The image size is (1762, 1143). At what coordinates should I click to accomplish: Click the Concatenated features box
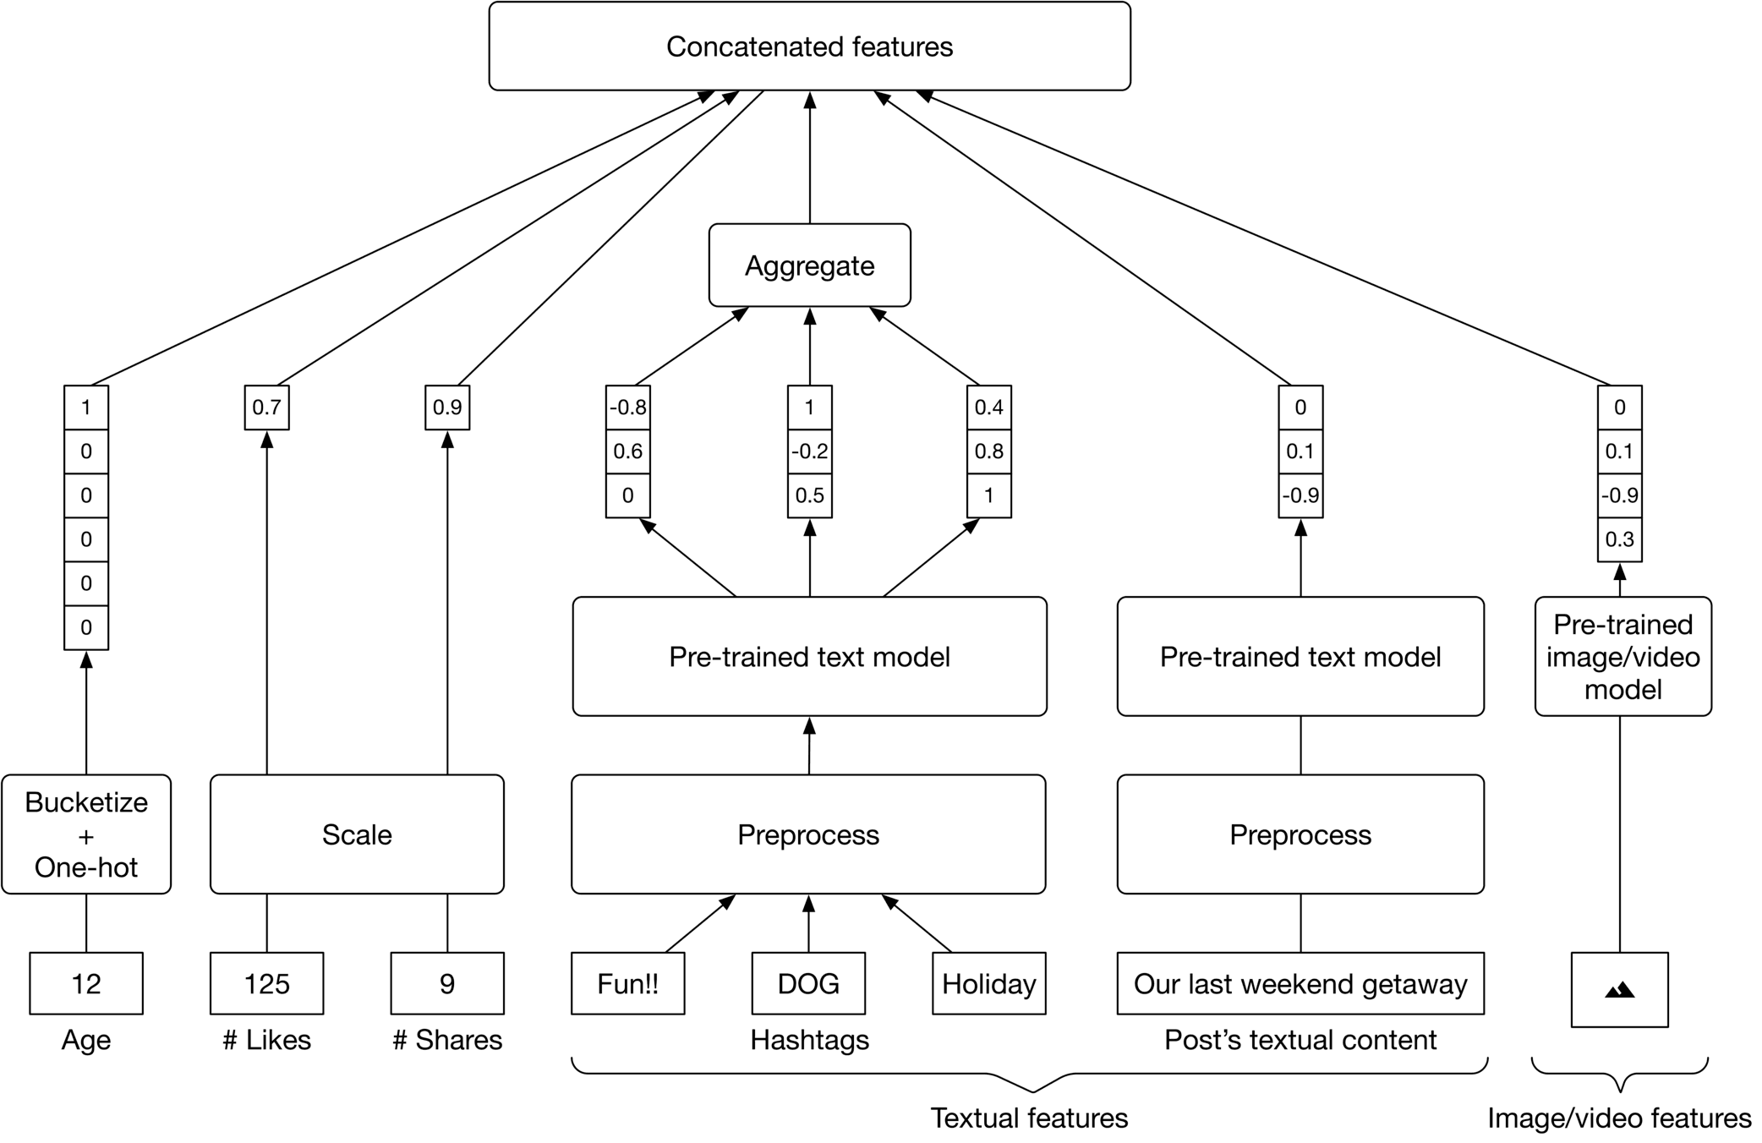click(x=809, y=46)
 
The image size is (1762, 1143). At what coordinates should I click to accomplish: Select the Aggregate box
click(x=809, y=265)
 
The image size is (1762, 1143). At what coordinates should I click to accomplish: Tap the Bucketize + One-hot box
click(x=86, y=834)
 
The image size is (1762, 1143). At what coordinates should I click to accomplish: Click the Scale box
click(x=357, y=834)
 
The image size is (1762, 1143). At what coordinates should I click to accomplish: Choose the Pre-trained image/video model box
click(x=1622, y=657)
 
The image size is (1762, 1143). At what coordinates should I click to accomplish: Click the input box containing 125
click(x=266, y=983)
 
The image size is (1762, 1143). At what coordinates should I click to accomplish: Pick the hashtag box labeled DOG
click(x=808, y=983)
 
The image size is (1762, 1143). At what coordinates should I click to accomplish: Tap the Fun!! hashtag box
click(x=627, y=983)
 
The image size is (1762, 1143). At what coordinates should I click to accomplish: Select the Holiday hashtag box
click(x=988, y=983)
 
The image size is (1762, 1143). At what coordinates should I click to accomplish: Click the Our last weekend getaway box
click(x=1300, y=983)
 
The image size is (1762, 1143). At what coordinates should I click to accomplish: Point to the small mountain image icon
click(x=1619, y=990)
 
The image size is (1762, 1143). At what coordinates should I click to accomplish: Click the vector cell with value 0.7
click(x=266, y=407)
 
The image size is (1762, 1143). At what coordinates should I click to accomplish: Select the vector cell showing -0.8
click(x=627, y=407)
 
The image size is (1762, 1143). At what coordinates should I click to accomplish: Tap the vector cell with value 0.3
click(x=1619, y=539)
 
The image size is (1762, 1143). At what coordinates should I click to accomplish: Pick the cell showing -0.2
click(x=809, y=451)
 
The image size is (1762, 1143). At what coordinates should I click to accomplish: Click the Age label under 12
click(x=86, y=1040)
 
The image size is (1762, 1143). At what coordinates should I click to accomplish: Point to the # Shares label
click(x=447, y=1040)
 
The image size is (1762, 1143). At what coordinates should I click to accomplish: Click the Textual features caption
click(x=1029, y=1118)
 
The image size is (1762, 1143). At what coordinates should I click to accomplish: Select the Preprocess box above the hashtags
click(x=808, y=834)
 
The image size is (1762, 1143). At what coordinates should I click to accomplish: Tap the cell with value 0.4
click(x=988, y=407)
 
